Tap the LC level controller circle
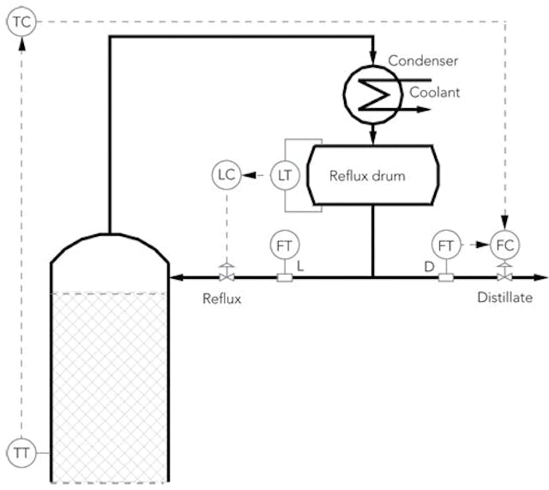coord(226,175)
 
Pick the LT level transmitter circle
coord(285,175)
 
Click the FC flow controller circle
coord(504,245)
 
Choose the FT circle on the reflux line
coord(283,245)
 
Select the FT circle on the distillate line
coord(445,245)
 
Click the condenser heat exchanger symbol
coord(372,89)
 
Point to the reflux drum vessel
coord(371,176)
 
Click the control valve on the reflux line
coord(226,276)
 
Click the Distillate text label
coord(505,298)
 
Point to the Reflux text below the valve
coord(223,298)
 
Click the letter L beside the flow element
coord(300,267)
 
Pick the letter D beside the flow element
coord(428,267)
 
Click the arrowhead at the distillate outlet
coord(540,277)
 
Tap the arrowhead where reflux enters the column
coord(178,277)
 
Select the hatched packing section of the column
coord(109,386)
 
